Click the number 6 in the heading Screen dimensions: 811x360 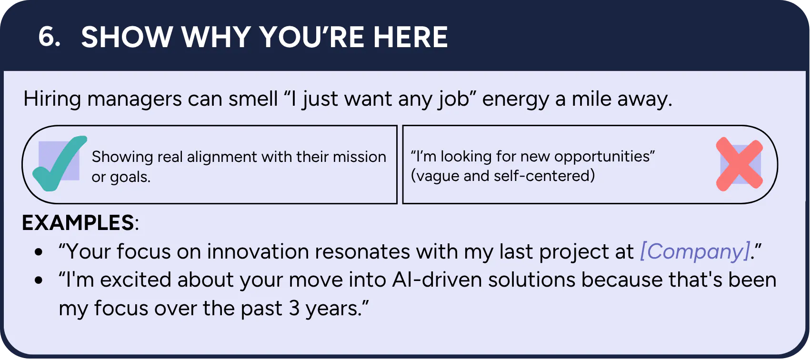tap(49, 37)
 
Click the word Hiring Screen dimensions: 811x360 tap(52, 99)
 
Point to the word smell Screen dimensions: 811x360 tap(253, 99)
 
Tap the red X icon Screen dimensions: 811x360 tap(739, 164)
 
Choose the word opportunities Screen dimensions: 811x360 tap(604, 157)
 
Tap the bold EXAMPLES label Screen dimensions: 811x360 tap(78, 222)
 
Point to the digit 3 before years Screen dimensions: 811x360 tap(294, 308)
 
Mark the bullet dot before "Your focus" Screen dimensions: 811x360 tap(39, 252)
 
